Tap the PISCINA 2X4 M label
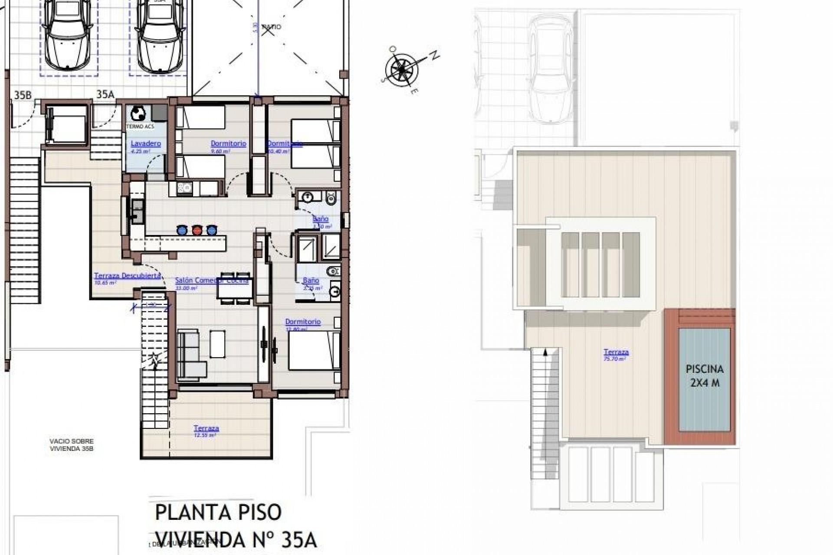[x=704, y=376]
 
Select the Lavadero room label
[x=146, y=144]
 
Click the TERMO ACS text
[x=140, y=127]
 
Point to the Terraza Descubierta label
[x=128, y=276]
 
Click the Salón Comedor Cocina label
[x=211, y=281]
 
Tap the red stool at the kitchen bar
[x=197, y=230]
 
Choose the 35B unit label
[x=23, y=95]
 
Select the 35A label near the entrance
[x=105, y=95]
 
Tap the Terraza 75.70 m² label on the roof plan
[x=616, y=353]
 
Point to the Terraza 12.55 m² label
[x=206, y=428]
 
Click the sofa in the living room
[x=191, y=353]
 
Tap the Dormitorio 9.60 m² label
[x=228, y=144]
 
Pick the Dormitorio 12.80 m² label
[x=303, y=322]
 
